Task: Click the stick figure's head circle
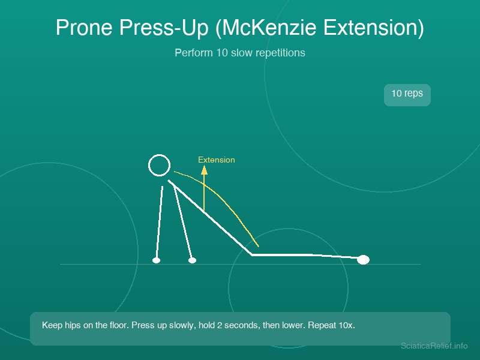(x=159, y=155)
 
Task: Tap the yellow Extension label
(x=217, y=160)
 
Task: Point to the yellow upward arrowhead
(x=204, y=170)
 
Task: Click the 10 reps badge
(x=407, y=95)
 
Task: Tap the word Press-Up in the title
(x=164, y=28)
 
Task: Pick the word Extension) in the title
(x=374, y=28)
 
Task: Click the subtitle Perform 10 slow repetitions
(x=239, y=53)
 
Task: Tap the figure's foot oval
(x=364, y=260)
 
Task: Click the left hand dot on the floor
(x=156, y=260)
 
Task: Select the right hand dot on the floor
(x=192, y=260)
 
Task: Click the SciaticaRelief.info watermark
(x=434, y=346)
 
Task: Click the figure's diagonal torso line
(x=210, y=217)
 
